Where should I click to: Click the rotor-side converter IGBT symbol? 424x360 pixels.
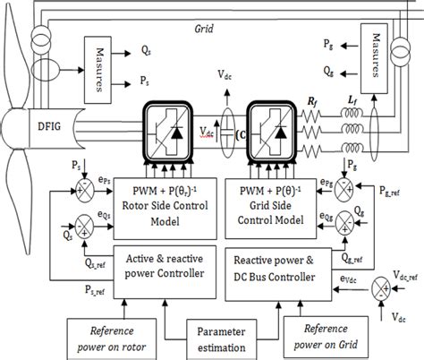point(167,132)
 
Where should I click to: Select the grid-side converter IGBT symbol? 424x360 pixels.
point(268,132)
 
